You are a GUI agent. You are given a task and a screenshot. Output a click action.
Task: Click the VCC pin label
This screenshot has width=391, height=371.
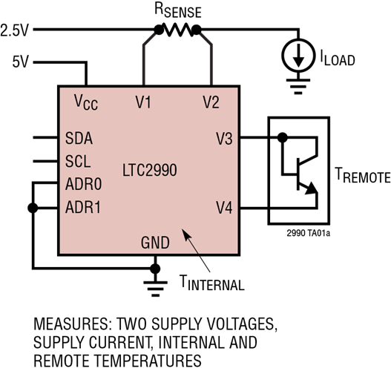(85, 102)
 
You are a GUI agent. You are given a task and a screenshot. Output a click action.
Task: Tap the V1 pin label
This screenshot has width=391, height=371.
(143, 102)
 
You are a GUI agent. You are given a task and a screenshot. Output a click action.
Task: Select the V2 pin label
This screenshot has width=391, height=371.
(211, 102)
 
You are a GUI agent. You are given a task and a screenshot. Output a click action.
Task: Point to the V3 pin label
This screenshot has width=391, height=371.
(224, 139)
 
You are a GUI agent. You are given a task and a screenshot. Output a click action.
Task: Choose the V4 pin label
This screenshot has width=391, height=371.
(224, 208)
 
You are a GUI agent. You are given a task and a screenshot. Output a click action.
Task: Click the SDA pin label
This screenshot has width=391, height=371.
(79, 139)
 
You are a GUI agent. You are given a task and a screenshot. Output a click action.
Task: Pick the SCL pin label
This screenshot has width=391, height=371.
(78, 162)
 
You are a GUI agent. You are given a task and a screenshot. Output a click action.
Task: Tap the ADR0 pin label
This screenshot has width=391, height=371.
(83, 185)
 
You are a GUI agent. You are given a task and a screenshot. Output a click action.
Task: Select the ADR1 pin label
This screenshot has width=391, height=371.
(83, 208)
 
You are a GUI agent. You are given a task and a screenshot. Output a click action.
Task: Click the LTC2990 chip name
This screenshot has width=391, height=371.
(149, 171)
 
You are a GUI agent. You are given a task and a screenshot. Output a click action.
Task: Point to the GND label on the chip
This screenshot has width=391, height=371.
(155, 243)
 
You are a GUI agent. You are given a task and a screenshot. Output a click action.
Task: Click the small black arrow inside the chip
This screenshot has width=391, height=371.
(190, 241)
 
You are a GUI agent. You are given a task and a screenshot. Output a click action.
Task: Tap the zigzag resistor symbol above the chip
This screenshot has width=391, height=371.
(178, 30)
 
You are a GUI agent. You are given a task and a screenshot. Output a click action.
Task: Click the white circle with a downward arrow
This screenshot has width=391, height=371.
(298, 56)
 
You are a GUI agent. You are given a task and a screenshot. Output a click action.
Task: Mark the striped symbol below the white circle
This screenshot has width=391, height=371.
(298, 88)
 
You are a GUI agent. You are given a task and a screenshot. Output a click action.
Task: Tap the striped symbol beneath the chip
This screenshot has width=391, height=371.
(155, 289)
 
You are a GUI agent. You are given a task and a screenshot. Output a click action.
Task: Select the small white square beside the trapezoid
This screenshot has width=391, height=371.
(303, 174)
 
